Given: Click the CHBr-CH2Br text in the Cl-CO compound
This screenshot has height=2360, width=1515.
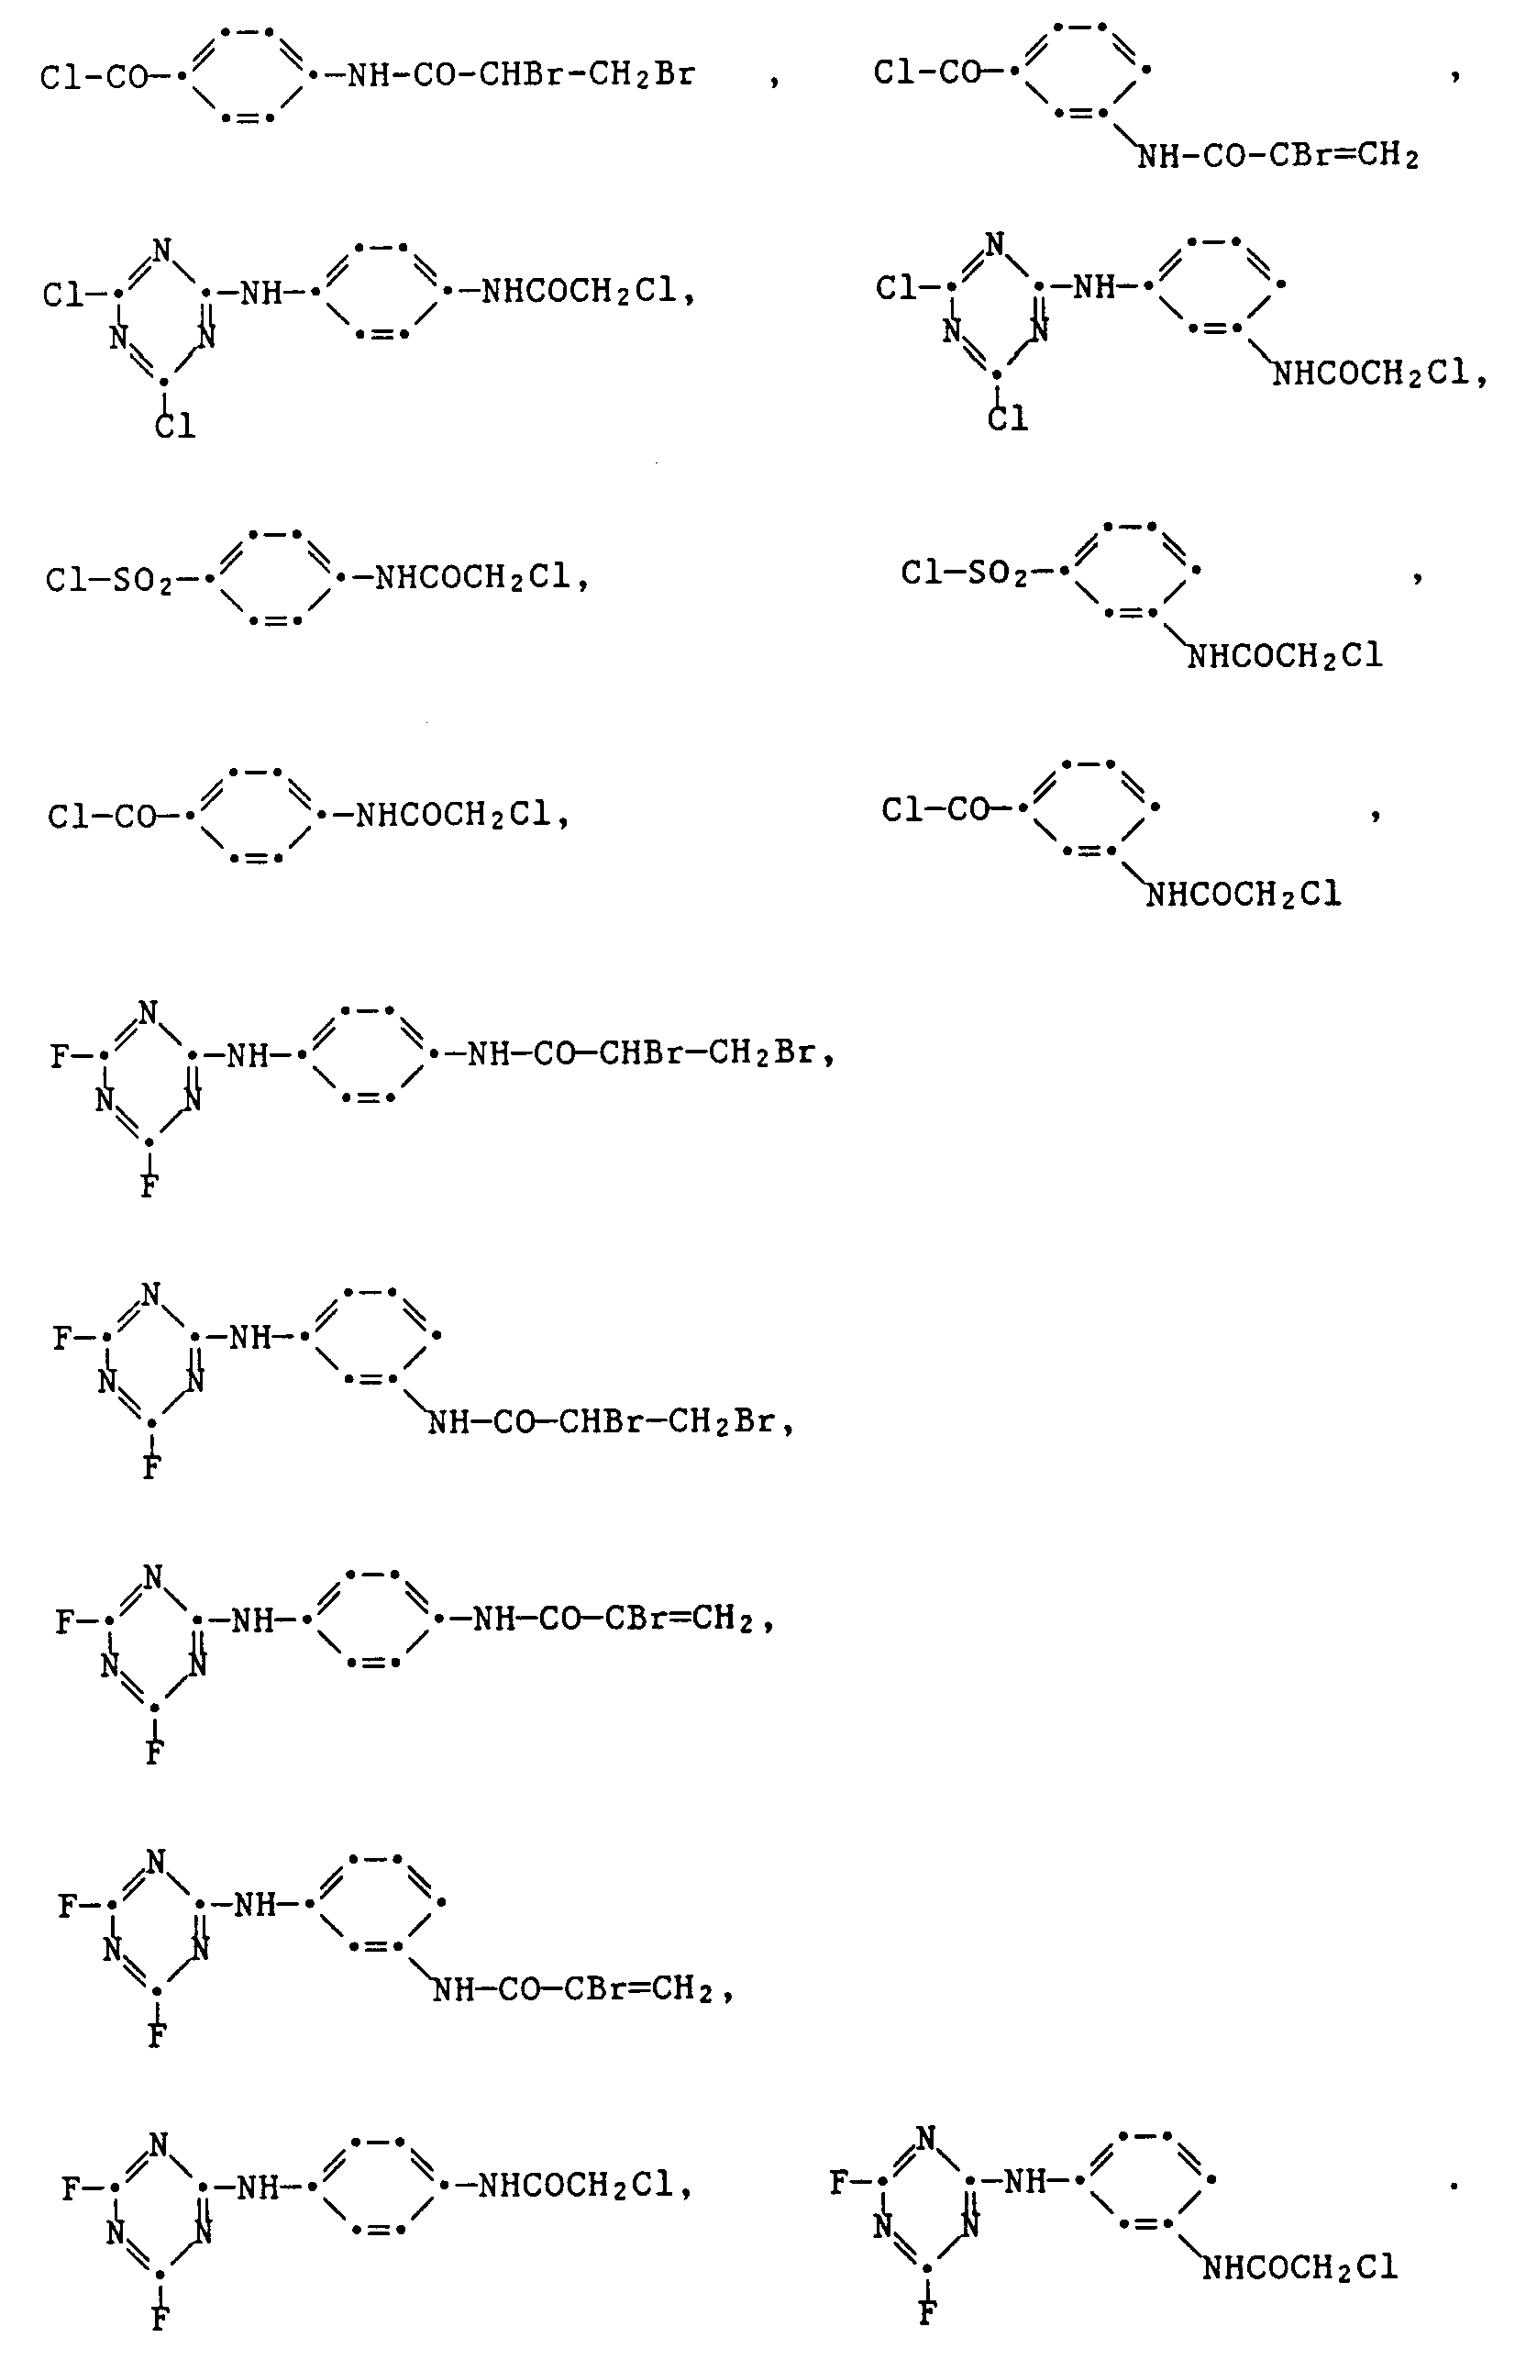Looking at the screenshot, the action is [586, 76].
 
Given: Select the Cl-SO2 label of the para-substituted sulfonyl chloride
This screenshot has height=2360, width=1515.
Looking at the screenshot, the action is [108, 580].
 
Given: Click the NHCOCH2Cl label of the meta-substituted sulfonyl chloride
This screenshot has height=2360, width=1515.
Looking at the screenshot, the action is [1285, 656].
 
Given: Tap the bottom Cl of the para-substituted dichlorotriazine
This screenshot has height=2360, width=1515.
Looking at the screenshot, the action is [175, 426].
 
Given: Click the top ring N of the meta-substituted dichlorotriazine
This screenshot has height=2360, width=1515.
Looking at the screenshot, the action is [996, 244].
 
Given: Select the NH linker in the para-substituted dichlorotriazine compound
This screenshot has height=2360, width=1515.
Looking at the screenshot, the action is [260, 293].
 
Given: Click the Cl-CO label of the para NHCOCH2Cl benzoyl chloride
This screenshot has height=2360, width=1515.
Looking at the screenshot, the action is [103, 816].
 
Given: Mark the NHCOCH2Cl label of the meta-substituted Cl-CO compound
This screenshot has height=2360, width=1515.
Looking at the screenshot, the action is [1244, 895].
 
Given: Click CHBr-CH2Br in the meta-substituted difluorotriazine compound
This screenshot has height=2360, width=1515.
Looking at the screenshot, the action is [666, 1422].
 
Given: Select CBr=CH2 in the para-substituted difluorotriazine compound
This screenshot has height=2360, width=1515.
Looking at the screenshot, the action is [679, 1619].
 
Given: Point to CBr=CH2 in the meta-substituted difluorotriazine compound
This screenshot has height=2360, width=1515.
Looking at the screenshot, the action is [638, 1989].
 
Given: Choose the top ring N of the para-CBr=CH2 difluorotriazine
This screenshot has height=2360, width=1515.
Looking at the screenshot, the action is [152, 1576].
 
